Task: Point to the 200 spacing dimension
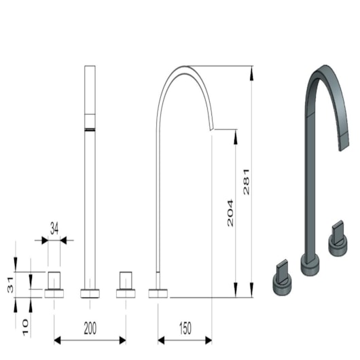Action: tap(90, 328)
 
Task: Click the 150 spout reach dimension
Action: tap(184, 328)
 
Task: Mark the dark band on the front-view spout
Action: tap(90, 128)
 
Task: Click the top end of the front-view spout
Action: tap(90, 67)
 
